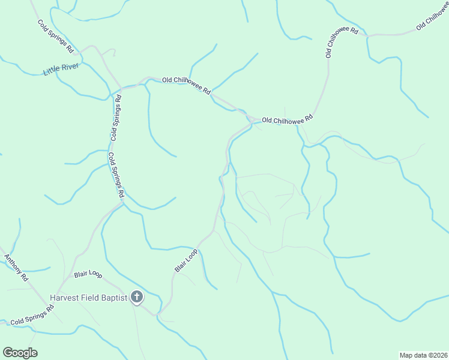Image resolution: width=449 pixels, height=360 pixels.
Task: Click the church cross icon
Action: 137,296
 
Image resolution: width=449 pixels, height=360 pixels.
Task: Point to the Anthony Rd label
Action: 16,268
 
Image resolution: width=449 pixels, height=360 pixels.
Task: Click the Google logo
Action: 20,353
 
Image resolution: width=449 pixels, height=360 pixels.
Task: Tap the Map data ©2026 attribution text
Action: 423,355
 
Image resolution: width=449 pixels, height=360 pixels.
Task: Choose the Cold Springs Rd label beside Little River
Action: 55,36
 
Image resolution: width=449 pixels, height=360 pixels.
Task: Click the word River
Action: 70,67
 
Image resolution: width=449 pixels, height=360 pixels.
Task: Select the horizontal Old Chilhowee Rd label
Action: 288,121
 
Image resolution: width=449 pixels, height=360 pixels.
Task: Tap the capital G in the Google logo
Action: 8,353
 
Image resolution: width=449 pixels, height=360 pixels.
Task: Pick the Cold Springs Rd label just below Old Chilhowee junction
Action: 118,117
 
